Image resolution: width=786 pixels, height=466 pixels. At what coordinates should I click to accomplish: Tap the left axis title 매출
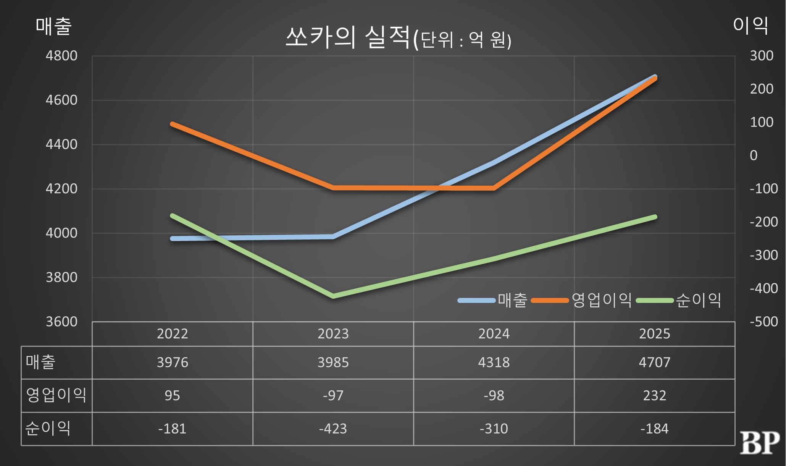pos(53,26)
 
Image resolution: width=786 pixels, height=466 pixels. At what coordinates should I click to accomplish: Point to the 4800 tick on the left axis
pos(61,56)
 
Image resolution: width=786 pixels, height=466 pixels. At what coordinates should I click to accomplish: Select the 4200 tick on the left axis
pos(61,189)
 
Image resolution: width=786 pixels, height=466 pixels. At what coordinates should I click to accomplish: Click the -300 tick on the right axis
pos(763,255)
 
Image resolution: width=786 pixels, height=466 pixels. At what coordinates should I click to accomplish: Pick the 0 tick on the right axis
pos(754,155)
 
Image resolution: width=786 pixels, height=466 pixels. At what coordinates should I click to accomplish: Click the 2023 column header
pos(333,334)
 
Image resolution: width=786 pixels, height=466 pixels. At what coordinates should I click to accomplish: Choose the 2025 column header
pos(654,334)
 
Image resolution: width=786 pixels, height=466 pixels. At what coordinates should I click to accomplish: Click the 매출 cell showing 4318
pos(494,362)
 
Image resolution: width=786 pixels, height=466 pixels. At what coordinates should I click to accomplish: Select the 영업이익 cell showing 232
pos(654,395)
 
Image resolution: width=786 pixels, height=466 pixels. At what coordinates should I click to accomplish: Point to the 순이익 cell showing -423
pos(333,429)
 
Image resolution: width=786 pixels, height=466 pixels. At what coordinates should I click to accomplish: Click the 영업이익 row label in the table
pos(56,395)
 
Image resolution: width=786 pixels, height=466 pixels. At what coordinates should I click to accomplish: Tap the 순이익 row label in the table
pos(48,428)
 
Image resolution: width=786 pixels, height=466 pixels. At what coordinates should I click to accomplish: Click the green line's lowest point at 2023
pos(333,296)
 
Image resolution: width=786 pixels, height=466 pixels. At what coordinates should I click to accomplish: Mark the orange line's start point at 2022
pos(172,124)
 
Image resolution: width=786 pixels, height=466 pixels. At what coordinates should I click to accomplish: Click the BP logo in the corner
pos(759,443)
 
